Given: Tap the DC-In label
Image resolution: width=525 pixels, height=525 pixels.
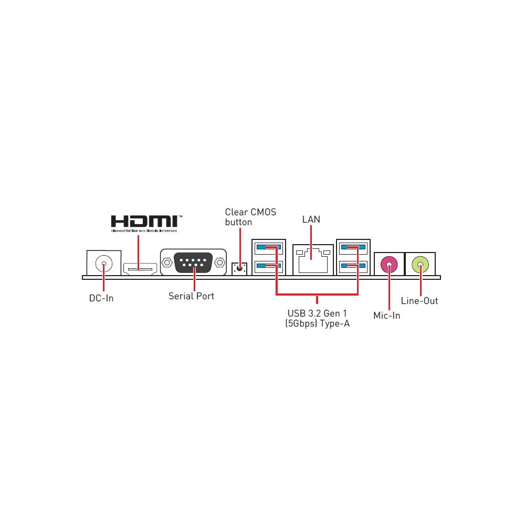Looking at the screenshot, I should [x=101, y=298].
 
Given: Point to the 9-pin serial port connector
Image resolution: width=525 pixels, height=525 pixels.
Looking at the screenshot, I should [x=193, y=262].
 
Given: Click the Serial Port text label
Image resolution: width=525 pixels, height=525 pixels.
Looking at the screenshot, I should [x=191, y=296].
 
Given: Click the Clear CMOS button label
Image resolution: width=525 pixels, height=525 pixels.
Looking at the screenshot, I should [x=250, y=217].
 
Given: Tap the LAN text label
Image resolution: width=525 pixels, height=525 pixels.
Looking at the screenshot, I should [x=311, y=219].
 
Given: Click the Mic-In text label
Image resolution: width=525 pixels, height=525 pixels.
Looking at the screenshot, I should [x=387, y=316].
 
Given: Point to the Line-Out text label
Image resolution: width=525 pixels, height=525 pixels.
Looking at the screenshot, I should [x=419, y=301].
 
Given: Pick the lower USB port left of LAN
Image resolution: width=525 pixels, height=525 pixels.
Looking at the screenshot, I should [x=268, y=267].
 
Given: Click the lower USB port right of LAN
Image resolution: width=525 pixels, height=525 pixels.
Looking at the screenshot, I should [x=354, y=267].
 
